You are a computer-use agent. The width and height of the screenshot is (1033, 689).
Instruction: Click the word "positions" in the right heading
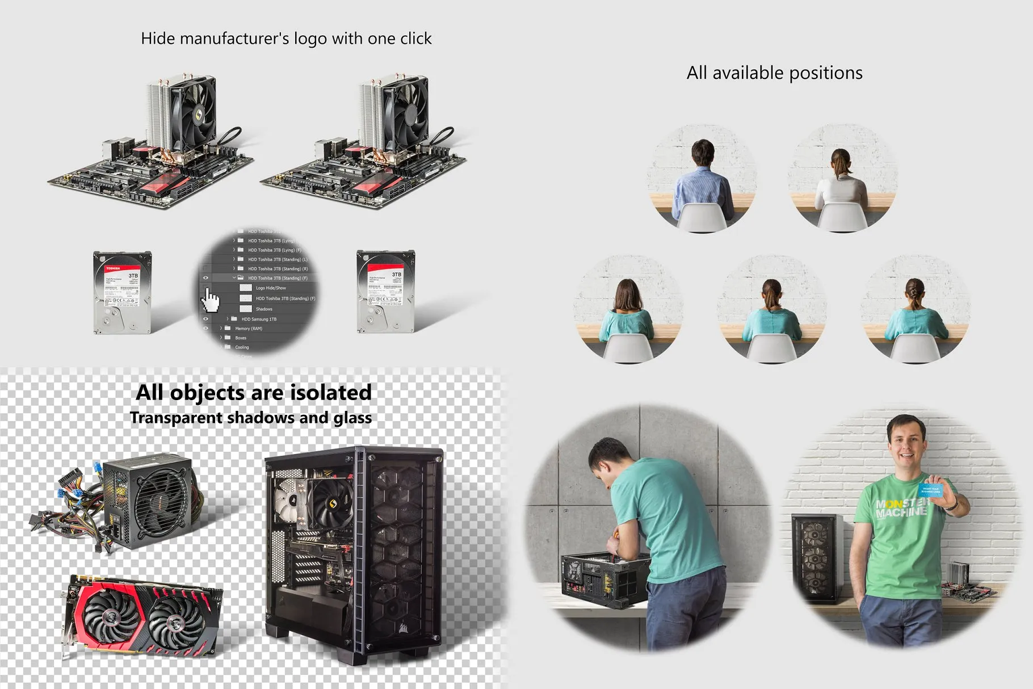(x=826, y=73)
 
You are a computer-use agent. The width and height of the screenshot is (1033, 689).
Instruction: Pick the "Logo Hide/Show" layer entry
(x=271, y=288)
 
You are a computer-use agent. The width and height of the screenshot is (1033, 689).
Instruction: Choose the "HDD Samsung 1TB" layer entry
(x=259, y=320)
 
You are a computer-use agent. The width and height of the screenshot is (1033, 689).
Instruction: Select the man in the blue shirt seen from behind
(x=702, y=182)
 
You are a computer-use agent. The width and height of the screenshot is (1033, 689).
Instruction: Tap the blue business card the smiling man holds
(x=930, y=490)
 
